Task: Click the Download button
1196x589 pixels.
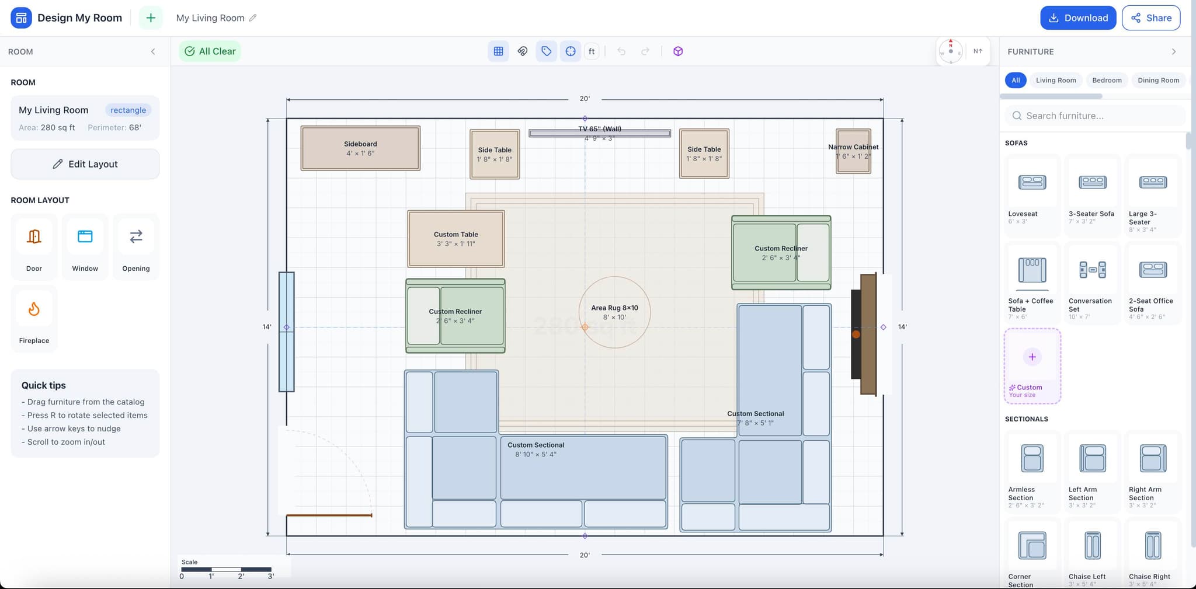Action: [x=1077, y=18]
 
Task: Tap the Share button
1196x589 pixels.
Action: [x=1150, y=18]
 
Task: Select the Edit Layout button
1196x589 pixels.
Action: [x=85, y=164]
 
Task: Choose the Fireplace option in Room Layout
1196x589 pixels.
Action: [x=34, y=318]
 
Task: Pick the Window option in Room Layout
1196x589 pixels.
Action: [x=85, y=246]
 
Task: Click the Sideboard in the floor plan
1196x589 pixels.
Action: [x=360, y=148]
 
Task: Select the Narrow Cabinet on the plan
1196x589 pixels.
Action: [x=853, y=151]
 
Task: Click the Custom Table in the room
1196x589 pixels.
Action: [x=456, y=239]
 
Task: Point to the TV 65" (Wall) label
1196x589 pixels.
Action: [x=600, y=129]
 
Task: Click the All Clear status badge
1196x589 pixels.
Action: [x=210, y=51]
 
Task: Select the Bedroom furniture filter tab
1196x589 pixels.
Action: [x=1107, y=81]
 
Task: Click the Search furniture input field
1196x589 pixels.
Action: [x=1096, y=116]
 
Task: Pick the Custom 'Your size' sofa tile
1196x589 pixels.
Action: [x=1032, y=366]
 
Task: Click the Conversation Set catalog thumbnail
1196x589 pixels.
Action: [x=1092, y=270]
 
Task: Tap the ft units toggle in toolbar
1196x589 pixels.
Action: [x=592, y=51]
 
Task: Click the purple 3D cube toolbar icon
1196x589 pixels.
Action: [x=677, y=51]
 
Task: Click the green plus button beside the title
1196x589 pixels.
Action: [x=151, y=18]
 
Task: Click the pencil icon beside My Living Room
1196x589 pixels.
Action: [x=253, y=18]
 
